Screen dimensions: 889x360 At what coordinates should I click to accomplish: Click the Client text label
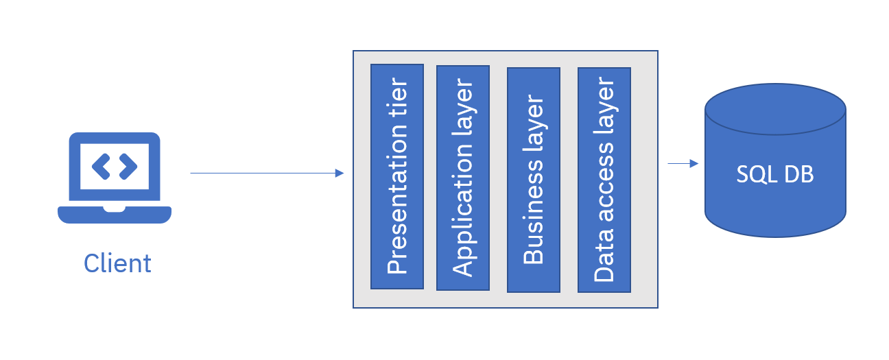pos(117,263)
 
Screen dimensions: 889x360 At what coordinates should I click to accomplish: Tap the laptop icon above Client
pos(115,178)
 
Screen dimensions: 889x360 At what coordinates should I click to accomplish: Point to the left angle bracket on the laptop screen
pos(101,167)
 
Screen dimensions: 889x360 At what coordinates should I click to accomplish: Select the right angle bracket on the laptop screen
pos(128,167)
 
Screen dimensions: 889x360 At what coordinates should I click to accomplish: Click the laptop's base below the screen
pos(115,215)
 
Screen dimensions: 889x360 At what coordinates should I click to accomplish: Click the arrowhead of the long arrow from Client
pos(340,173)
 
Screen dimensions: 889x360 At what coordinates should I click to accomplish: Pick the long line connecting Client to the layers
pos(267,173)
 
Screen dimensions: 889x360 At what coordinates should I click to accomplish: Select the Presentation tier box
pos(397,177)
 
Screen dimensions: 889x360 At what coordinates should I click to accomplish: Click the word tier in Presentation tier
pos(398,98)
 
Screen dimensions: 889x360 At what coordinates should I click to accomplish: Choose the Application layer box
pos(463,178)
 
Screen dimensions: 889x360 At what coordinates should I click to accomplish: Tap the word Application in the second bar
pos(464,210)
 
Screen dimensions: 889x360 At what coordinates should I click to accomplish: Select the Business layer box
pos(534,180)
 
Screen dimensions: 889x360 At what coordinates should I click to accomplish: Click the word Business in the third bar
pos(534,213)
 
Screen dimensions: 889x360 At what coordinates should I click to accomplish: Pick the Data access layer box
pos(604,180)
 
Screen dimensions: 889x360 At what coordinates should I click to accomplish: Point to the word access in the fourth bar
pos(605,182)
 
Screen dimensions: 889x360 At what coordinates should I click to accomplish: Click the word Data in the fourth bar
pos(604,255)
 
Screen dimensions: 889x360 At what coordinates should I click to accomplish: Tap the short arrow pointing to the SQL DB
pos(683,163)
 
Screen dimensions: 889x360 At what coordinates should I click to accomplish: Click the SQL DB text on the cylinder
pos(774,174)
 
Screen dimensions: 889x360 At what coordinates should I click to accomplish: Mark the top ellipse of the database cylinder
pos(775,109)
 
